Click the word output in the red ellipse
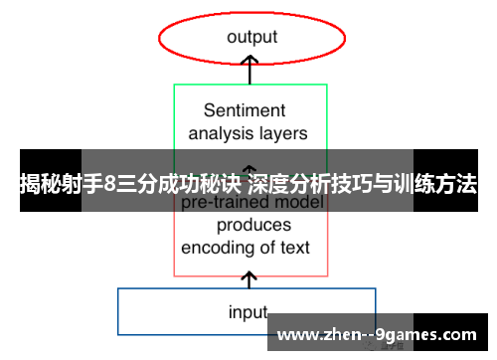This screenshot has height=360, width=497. (x=251, y=37)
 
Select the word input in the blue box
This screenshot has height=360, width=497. (x=248, y=312)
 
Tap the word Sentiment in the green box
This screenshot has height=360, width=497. (x=245, y=110)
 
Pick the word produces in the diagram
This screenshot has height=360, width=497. (x=253, y=225)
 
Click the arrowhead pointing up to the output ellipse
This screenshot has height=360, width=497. (x=251, y=62)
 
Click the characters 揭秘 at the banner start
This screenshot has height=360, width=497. (x=38, y=183)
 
